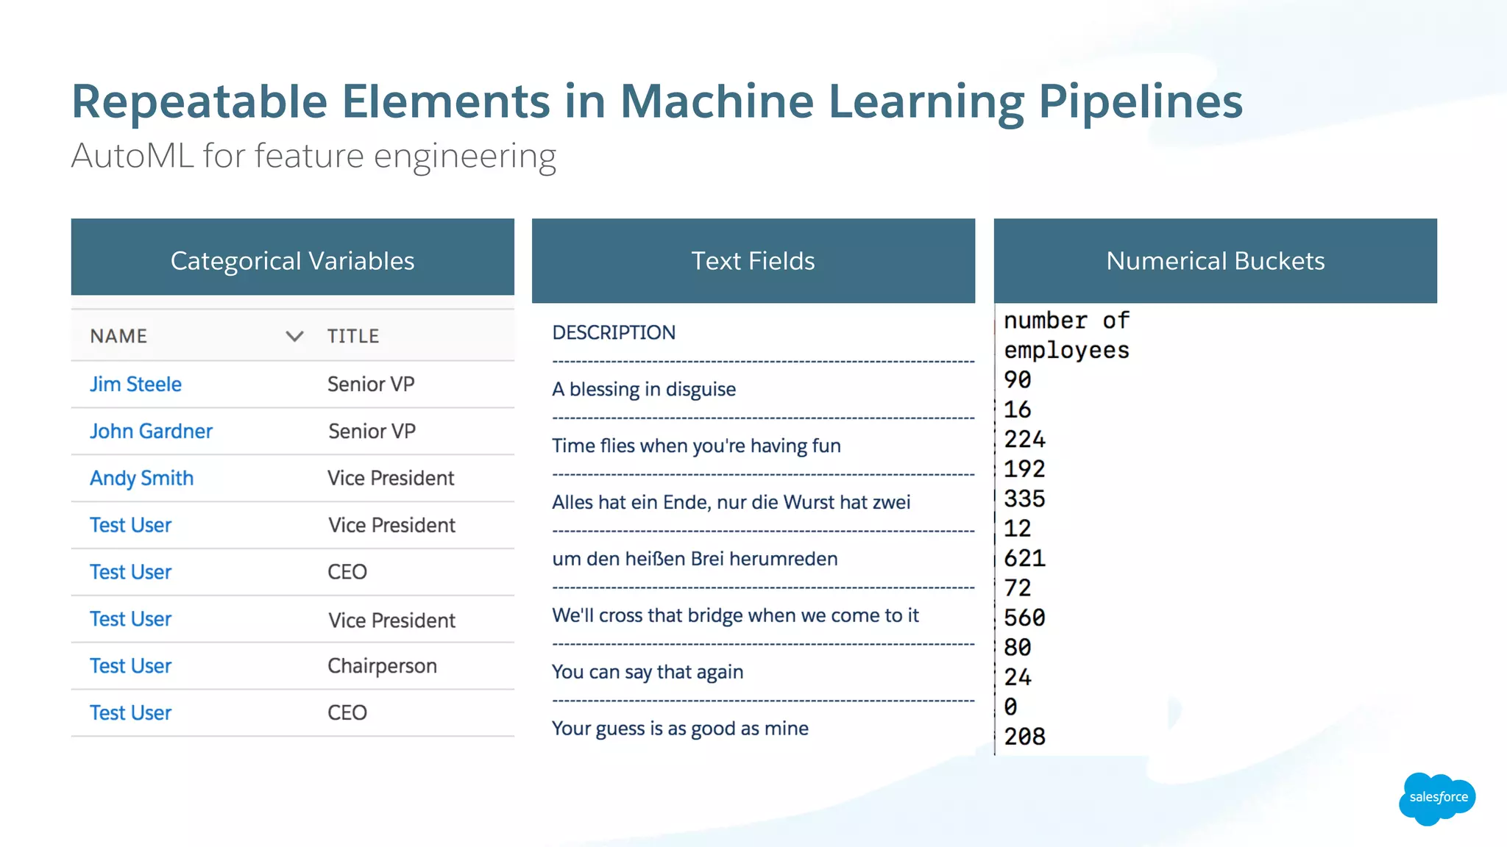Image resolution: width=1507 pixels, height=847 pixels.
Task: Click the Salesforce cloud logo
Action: [1437, 798]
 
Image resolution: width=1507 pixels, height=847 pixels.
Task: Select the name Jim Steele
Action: [135, 385]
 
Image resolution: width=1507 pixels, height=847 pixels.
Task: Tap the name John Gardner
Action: [151, 432]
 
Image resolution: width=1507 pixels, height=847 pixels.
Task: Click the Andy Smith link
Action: [141, 479]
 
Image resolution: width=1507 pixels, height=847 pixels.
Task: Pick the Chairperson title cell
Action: [382, 666]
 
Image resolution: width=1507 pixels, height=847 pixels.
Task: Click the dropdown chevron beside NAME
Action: [294, 337]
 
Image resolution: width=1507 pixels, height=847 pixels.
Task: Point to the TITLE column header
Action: [353, 337]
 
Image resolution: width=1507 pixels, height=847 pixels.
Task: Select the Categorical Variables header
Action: [292, 261]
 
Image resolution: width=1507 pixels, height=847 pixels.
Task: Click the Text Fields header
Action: [753, 261]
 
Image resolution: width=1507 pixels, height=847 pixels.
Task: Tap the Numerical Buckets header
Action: [1215, 261]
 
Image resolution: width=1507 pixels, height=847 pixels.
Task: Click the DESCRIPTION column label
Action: [614, 333]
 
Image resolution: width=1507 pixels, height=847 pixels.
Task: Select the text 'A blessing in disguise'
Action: [644, 390]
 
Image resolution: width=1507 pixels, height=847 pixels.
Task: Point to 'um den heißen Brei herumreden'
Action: [695, 560]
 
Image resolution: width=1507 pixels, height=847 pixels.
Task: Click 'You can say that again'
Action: [648, 672]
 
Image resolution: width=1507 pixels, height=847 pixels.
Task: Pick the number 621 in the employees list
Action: [1024, 559]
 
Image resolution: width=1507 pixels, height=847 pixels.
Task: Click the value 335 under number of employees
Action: [1024, 499]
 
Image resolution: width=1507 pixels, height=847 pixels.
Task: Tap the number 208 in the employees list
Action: [1024, 737]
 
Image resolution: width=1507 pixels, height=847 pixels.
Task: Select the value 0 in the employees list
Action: [1011, 707]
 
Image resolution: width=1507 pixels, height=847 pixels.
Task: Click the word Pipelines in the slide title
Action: [1140, 101]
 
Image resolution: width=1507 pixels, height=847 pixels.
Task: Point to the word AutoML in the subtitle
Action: [132, 156]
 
